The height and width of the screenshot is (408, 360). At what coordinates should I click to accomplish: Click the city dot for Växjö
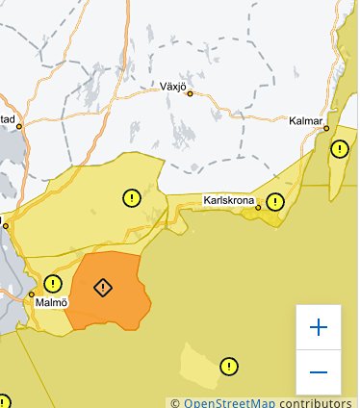(191, 94)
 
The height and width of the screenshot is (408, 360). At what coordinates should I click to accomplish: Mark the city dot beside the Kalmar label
(326, 127)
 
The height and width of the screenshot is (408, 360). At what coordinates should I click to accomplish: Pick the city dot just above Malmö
(32, 293)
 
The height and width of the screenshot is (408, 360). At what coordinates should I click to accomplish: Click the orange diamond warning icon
(104, 288)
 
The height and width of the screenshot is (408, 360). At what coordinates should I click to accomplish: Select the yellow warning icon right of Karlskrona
(276, 202)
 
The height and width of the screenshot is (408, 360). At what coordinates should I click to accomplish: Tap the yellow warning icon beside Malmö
(52, 284)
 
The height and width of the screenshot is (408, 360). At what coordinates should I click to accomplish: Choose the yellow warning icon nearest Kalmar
(340, 149)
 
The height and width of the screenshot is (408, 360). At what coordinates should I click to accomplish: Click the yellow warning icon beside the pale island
(229, 367)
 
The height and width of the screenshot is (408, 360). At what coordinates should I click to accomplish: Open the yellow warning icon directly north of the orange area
(131, 198)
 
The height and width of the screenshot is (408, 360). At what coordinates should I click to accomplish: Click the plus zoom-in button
(319, 327)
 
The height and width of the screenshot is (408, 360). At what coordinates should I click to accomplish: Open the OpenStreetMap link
(224, 402)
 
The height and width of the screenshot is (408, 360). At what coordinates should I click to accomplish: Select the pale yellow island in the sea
(199, 364)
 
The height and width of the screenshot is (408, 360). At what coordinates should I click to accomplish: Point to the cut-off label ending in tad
(8, 119)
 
